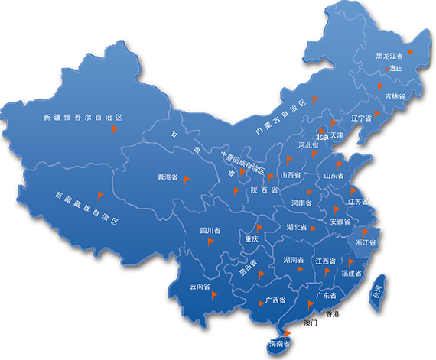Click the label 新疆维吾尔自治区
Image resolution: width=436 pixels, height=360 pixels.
pyautogui.click(x=83, y=118)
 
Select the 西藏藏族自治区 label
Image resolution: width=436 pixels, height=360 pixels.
pyautogui.click(x=89, y=207)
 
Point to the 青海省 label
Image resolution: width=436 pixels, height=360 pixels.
pyautogui.click(x=168, y=177)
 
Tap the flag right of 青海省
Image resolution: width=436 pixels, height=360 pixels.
pyautogui.click(x=186, y=178)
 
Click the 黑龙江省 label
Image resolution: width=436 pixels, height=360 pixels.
pyautogui.click(x=389, y=57)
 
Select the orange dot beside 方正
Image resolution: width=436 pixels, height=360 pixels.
pyautogui.click(x=385, y=69)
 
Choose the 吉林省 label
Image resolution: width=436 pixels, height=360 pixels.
pyautogui.click(x=395, y=96)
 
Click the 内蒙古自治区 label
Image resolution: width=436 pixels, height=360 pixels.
pyautogui.click(x=281, y=118)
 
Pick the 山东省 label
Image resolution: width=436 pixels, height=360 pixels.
pyautogui.click(x=334, y=175)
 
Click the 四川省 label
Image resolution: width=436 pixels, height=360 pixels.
pyautogui.click(x=210, y=230)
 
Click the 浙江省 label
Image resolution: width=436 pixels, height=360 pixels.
pyautogui.click(x=366, y=242)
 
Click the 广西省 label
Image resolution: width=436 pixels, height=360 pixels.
pyautogui.click(x=275, y=300)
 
